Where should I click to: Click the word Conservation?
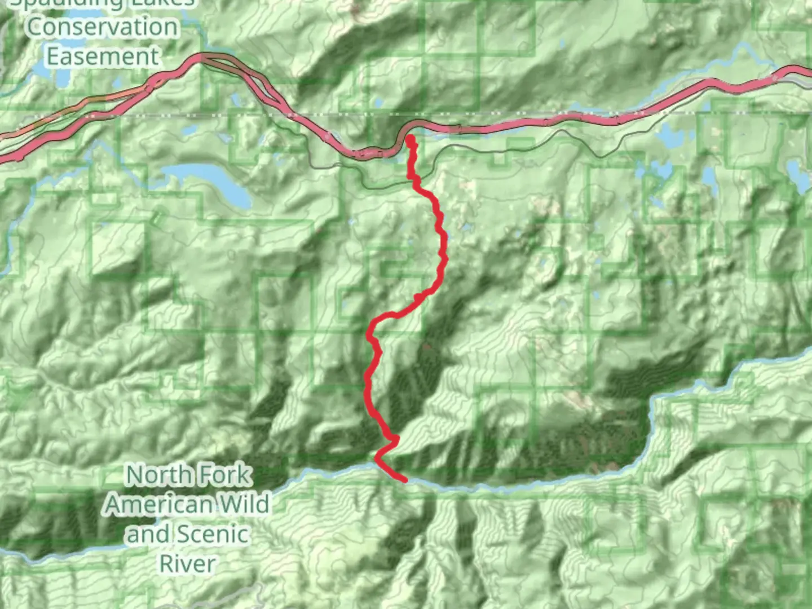pyautogui.click(x=102, y=27)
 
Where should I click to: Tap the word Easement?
pyautogui.click(x=103, y=56)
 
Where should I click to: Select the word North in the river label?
pyautogui.click(x=155, y=475)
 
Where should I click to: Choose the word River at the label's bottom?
pyautogui.click(x=187, y=563)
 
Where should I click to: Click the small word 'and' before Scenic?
pyautogui.click(x=148, y=534)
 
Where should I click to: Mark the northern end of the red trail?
pyautogui.click(x=410, y=139)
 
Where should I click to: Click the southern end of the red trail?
pyautogui.click(x=404, y=480)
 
